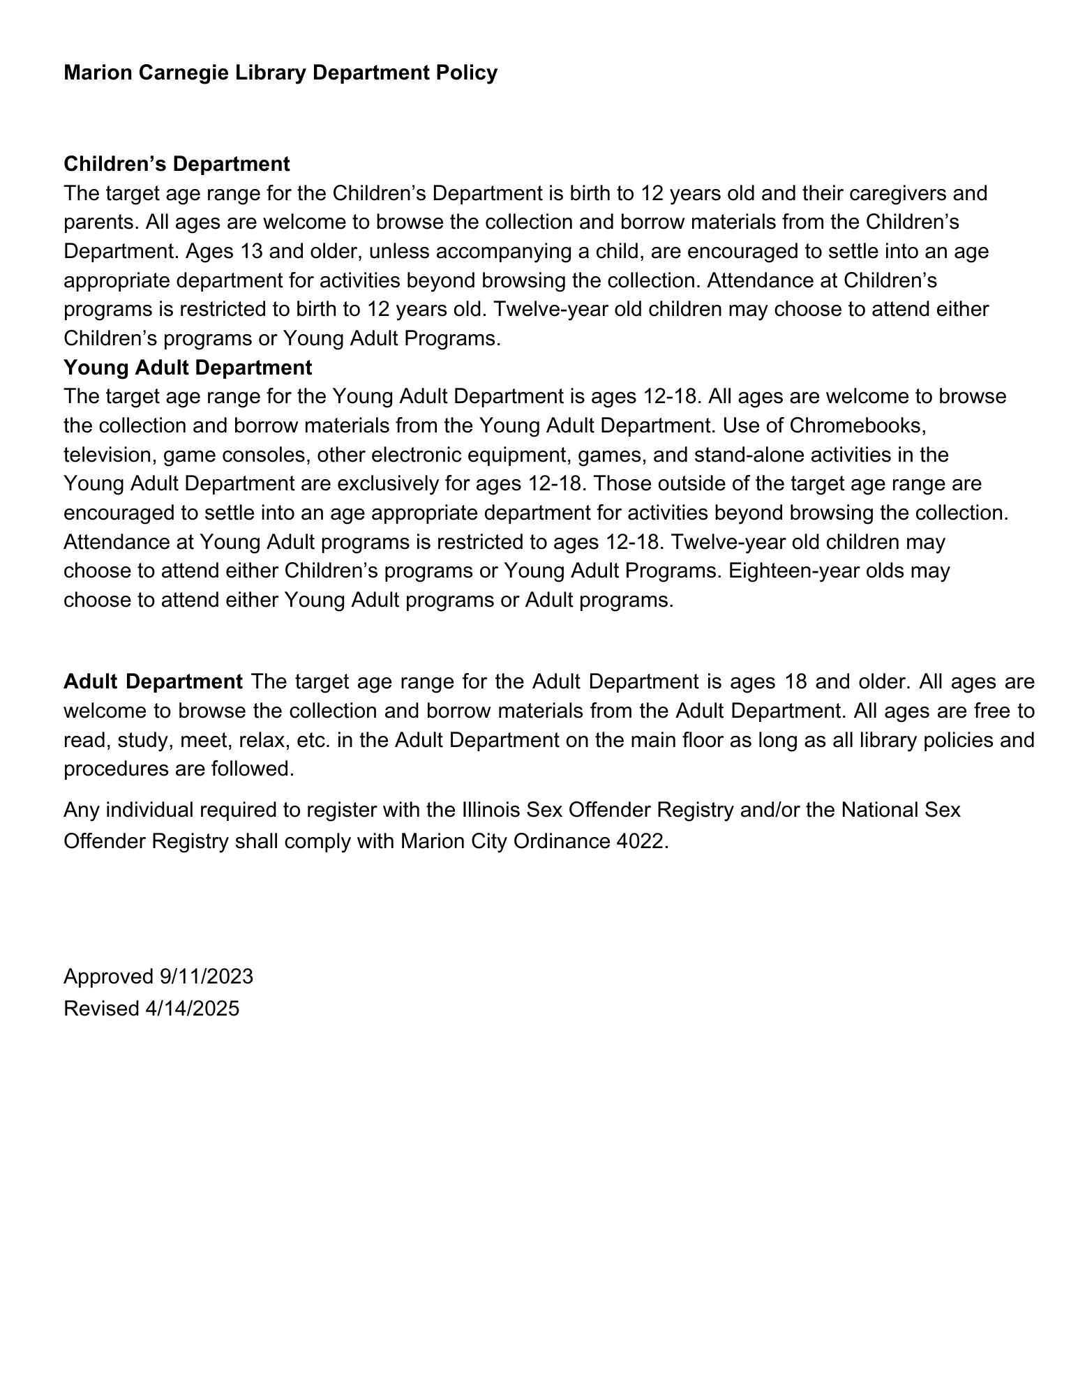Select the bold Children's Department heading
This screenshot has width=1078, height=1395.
point(177,164)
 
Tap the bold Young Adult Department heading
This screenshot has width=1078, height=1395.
point(188,367)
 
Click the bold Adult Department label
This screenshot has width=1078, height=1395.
point(153,681)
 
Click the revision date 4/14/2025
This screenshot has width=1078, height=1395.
point(193,1009)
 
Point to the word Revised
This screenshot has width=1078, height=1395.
point(101,1009)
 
